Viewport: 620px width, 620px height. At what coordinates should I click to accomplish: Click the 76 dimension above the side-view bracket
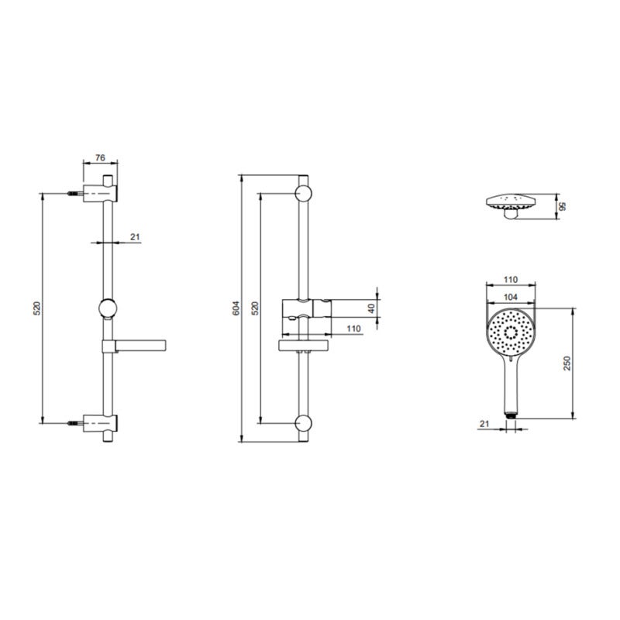100,157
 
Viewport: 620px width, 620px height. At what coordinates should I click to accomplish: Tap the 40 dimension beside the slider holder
371,307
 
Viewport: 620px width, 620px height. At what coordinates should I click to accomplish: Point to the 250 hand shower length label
567,363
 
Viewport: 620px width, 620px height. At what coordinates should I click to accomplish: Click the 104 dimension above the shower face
510,297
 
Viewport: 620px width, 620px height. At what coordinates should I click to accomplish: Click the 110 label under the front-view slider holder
353,329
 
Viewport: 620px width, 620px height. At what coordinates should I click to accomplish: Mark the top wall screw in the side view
75,193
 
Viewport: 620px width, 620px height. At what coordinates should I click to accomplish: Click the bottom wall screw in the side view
75,423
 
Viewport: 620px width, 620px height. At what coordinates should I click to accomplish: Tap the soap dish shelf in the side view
139,343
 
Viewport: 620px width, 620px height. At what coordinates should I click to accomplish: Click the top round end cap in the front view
303,193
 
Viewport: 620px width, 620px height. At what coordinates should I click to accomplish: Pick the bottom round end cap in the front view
303,423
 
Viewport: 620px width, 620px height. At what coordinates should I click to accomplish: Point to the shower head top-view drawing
510,205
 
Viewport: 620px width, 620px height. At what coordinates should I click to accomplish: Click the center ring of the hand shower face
510,331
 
